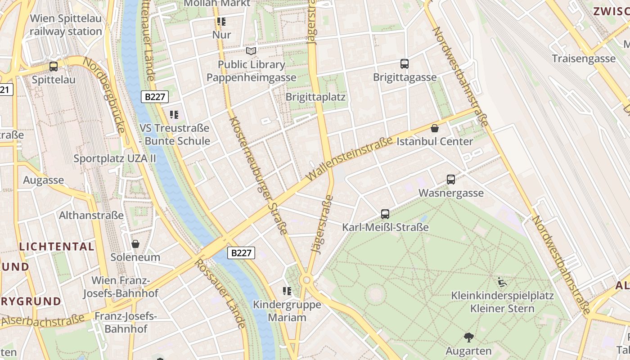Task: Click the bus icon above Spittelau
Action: click(x=54, y=67)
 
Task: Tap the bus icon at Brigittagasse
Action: click(x=405, y=64)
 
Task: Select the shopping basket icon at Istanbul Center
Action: click(x=435, y=129)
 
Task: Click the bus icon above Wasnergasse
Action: click(x=451, y=180)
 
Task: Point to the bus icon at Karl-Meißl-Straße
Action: click(x=385, y=214)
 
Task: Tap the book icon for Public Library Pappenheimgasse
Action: click(x=251, y=51)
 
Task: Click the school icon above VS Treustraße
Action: click(x=174, y=115)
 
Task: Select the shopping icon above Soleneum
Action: click(x=135, y=244)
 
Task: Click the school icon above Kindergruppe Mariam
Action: click(x=287, y=291)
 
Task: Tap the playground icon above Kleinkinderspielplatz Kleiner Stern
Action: click(x=503, y=283)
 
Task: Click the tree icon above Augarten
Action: click(x=468, y=337)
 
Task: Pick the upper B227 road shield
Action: click(x=155, y=97)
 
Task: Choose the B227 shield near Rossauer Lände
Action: click(x=241, y=253)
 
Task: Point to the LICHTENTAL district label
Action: click(x=57, y=247)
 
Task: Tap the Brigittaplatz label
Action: click(x=315, y=97)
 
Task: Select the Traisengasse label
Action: click(x=584, y=58)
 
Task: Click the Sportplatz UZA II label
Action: click(x=115, y=158)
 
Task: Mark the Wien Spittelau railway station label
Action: click(x=66, y=25)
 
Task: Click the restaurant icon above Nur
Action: click(x=221, y=21)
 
